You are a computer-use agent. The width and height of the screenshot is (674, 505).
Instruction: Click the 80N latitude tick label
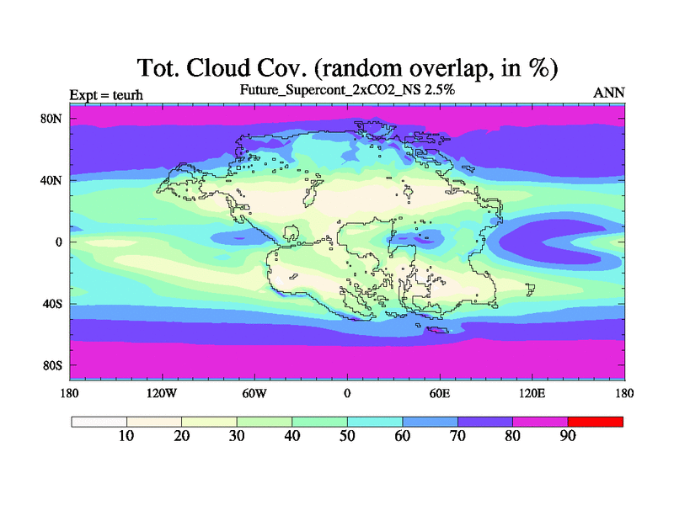pyautogui.click(x=51, y=119)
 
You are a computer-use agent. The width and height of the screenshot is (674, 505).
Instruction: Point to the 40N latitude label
pyautogui.click(x=51, y=180)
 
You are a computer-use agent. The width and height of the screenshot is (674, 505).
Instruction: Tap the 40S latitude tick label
pyautogui.click(x=52, y=304)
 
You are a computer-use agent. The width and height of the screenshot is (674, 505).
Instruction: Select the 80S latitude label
pyautogui.click(x=52, y=366)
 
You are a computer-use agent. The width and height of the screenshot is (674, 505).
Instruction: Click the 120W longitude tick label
pyautogui.click(x=162, y=393)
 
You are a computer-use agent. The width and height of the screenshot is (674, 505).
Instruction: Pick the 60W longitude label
pyautogui.click(x=254, y=393)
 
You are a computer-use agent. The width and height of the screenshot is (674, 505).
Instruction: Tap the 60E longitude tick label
pyautogui.click(x=440, y=393)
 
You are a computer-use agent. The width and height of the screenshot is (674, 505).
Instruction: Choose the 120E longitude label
pyautogui.click(x=532, y=393)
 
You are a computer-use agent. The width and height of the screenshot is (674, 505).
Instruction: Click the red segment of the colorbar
pyautogui.click(x=596, y=422)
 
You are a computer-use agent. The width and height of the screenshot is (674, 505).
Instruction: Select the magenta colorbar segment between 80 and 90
pyautogui.click(x=540, y=422)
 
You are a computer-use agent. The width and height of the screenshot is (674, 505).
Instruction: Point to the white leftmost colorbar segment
pyautogui.click(x=99, y=422)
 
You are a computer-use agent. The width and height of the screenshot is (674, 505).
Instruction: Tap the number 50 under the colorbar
pyautogui.click(x=347, y=436)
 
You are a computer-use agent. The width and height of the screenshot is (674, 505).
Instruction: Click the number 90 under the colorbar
pyautogui.click(x=568, y=436)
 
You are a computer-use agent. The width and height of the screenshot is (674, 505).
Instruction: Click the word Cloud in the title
pyautogui.click(x=218, y=68)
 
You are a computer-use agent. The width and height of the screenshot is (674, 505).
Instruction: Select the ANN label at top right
pyautogui.click(x=609, y=93)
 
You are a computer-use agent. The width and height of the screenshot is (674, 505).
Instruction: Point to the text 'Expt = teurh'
pyautogui.click(x=106, y=95)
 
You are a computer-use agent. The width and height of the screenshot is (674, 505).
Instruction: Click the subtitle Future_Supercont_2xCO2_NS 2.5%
pyautogui.click(x=347, y=90)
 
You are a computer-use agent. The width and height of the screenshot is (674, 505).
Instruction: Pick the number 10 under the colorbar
pyautogui.click(x=126, y=436)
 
